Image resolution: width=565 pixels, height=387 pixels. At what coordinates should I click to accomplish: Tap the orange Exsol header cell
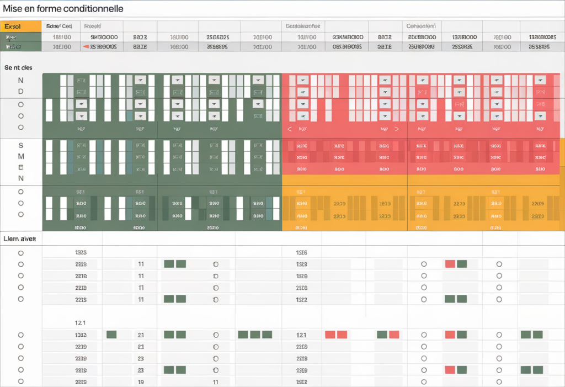coord(21,26)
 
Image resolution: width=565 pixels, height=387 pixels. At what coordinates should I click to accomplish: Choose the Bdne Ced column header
coord(59,26)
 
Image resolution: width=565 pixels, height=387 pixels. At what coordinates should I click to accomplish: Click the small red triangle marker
coord(86,47)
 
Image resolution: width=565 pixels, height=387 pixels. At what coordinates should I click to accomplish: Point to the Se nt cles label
coord(18,68)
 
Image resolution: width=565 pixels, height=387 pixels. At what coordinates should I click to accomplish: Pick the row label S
coord(21,145)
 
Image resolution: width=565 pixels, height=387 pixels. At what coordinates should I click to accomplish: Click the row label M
coord(21,156)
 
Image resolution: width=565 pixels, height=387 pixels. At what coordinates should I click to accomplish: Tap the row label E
coord(21,167)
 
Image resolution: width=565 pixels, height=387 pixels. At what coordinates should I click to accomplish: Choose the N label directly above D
coord(21,80)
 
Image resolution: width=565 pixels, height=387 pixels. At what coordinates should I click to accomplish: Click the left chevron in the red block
coord(289,129)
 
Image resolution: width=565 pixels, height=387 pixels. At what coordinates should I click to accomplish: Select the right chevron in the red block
coord(396,129)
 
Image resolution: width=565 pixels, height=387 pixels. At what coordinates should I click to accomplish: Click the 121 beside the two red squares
coord(301,335)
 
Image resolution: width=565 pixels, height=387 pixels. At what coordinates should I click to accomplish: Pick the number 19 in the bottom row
coord(141,382)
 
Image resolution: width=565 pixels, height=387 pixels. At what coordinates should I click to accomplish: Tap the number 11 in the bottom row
coord(216,382)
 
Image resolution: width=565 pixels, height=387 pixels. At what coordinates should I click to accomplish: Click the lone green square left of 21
coord(111,335)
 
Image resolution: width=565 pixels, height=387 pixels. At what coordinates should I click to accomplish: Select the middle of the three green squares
coord(255,335)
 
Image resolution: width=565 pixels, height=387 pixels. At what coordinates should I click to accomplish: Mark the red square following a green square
coord(394,335)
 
